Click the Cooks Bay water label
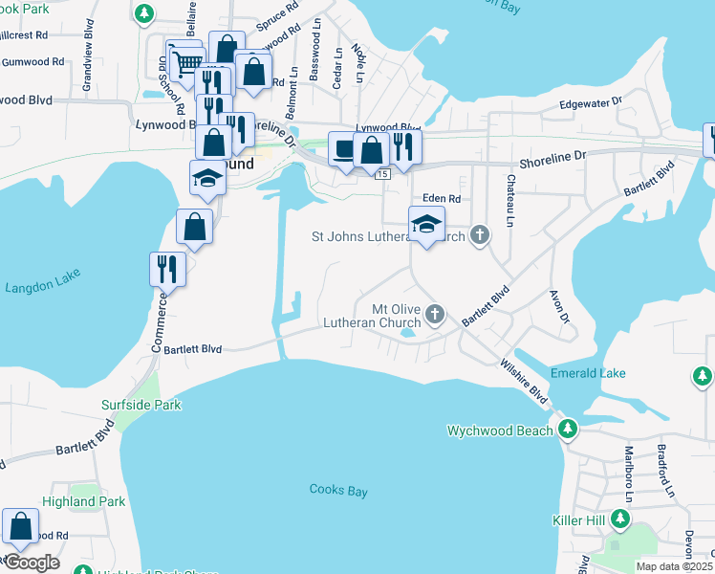(x=339, y=490)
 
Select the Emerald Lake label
(x=588, y=373)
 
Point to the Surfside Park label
(x=141, y=405)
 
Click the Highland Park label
(x=84, y=501)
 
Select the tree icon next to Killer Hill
(x=620, y=519)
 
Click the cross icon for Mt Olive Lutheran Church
(x=435, y=314)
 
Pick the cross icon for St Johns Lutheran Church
(x=481, y=234)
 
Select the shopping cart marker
(x=185, y=64)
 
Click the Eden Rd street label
(x=442, y=198)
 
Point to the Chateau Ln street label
(x=510, y=192)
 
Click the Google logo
(x=32, y=563)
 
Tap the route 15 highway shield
(x=382, y=174)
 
